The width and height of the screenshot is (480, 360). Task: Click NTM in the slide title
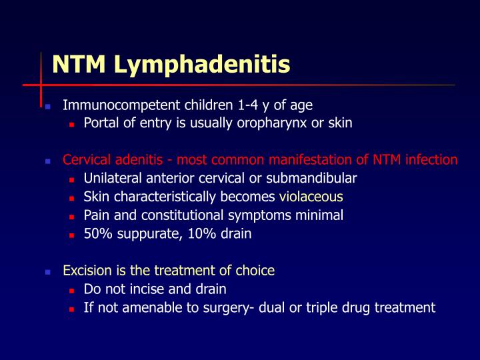click(81, 64)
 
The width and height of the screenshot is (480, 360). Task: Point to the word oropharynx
click(270, 123)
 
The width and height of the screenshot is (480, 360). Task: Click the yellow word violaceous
click(311, 197)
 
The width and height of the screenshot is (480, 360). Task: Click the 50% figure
click(97, 234)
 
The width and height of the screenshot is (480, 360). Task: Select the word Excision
click(87, 271)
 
